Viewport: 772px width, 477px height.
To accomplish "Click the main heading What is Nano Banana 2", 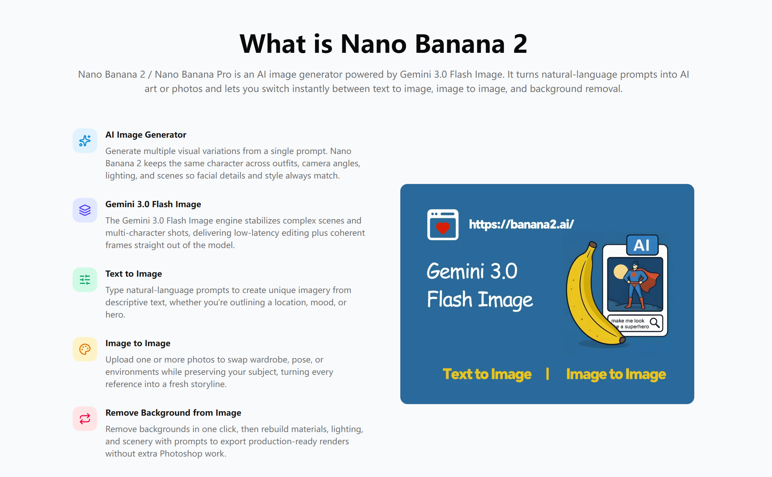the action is click(x=384, y=44).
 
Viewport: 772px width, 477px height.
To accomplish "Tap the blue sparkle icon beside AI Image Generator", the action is click(x=85, y=141).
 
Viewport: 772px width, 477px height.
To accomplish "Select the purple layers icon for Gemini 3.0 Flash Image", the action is click(x=85, y=210).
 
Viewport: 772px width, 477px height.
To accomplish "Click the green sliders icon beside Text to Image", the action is click(x=85, y=280).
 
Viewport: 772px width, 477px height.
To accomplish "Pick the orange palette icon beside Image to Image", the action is click(x=85, y=349).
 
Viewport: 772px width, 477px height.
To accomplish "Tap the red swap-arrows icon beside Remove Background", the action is click(x=85, y=419).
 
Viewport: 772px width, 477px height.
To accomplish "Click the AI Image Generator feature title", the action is click(x=146, y=135).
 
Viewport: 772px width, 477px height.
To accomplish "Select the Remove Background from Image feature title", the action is click(x=173, y=413).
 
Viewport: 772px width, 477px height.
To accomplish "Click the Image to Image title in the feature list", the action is click(x=138, y=343).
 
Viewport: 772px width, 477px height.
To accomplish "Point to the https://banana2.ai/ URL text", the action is click(x=521, y=224).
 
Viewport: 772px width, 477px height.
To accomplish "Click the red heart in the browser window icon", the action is click(x=443, y=228).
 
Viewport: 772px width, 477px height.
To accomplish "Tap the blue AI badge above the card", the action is click(x=642, y=245).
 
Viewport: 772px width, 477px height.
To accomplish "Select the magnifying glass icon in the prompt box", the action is click(x=655, y=323).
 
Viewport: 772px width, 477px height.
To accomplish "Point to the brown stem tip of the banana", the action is click(x=593, y=244).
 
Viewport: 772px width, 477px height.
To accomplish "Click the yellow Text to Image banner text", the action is click(x=487, y=374).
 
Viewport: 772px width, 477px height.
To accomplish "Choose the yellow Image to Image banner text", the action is click(x=616, y=374).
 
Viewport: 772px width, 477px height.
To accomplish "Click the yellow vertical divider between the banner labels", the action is click(x=547, y=374).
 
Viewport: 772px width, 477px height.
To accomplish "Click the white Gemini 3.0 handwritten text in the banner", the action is click(x=472, y=271).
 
